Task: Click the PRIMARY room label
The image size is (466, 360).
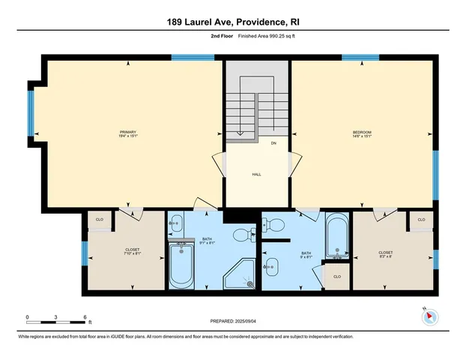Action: [128, 134]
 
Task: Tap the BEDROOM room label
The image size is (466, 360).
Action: [362, 134]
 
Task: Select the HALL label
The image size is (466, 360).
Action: [255, 174]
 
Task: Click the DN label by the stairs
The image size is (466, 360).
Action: [273, 143]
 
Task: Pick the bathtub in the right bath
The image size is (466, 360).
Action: [336, 237]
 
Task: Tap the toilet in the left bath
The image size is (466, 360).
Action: [243, 237]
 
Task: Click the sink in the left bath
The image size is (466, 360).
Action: [175, 223]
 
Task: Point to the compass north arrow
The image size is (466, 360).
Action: [429, 316]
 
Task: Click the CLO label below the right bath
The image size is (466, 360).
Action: [336, 276]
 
